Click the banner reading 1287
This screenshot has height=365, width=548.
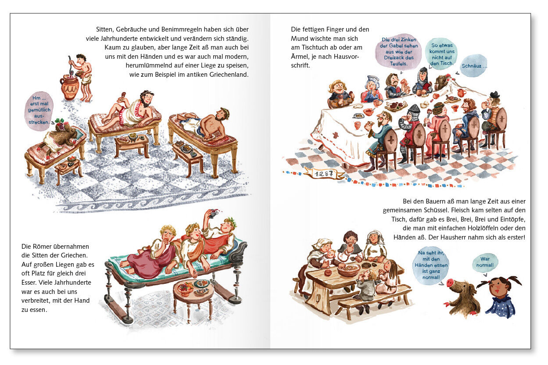[323, 173]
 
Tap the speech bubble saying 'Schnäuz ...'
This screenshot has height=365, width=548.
[474, 65]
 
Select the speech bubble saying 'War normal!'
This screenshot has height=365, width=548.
[485, 262]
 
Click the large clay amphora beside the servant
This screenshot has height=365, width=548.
[69, 88]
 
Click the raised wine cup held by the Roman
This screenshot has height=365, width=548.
[212, 214]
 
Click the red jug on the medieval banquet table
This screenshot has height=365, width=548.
[461, 93]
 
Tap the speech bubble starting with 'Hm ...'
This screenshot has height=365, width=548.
[39, 110]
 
